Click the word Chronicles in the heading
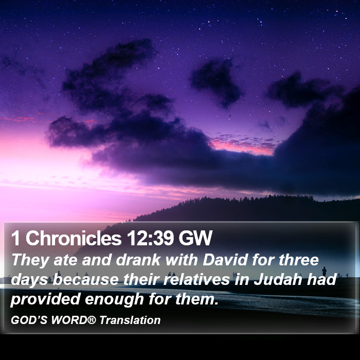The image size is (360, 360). (74, 238)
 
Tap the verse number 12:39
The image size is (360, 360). (150, 238)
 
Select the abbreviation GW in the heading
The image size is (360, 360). (195, 238)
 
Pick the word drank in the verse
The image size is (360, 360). (138, 260)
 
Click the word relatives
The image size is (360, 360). (196, 279)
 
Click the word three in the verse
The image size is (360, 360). (299, 260)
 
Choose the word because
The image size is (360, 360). (86, 280)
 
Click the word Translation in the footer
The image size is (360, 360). (130, 320)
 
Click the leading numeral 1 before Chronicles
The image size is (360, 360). (15, 238)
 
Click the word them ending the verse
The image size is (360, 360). (196, 299)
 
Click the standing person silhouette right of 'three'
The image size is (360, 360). (324, 271)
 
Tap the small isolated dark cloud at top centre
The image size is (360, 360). (216, 81)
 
